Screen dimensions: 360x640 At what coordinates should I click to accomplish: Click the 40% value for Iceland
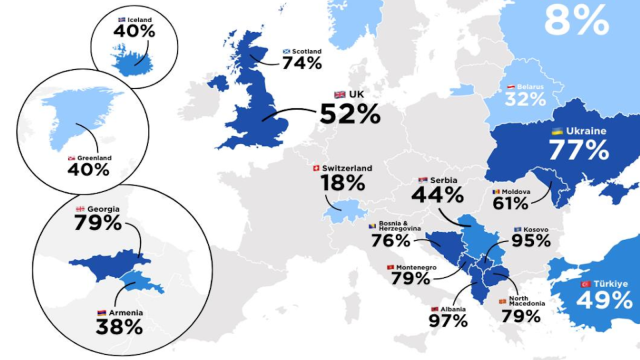click(134, 31)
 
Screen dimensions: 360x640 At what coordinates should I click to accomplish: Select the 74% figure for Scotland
click(301, 62)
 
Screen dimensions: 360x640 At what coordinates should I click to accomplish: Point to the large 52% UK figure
click(350, 113)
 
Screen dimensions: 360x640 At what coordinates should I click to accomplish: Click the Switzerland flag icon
click(317, 168)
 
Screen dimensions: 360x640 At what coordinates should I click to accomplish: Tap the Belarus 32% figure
click(524, 98)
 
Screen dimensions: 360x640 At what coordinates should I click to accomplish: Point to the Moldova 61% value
click(510, 203)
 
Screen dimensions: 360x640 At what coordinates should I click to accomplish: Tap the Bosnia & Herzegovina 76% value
click(390, 240)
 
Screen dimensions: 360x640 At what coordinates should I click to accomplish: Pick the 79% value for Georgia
click(97, 222)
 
